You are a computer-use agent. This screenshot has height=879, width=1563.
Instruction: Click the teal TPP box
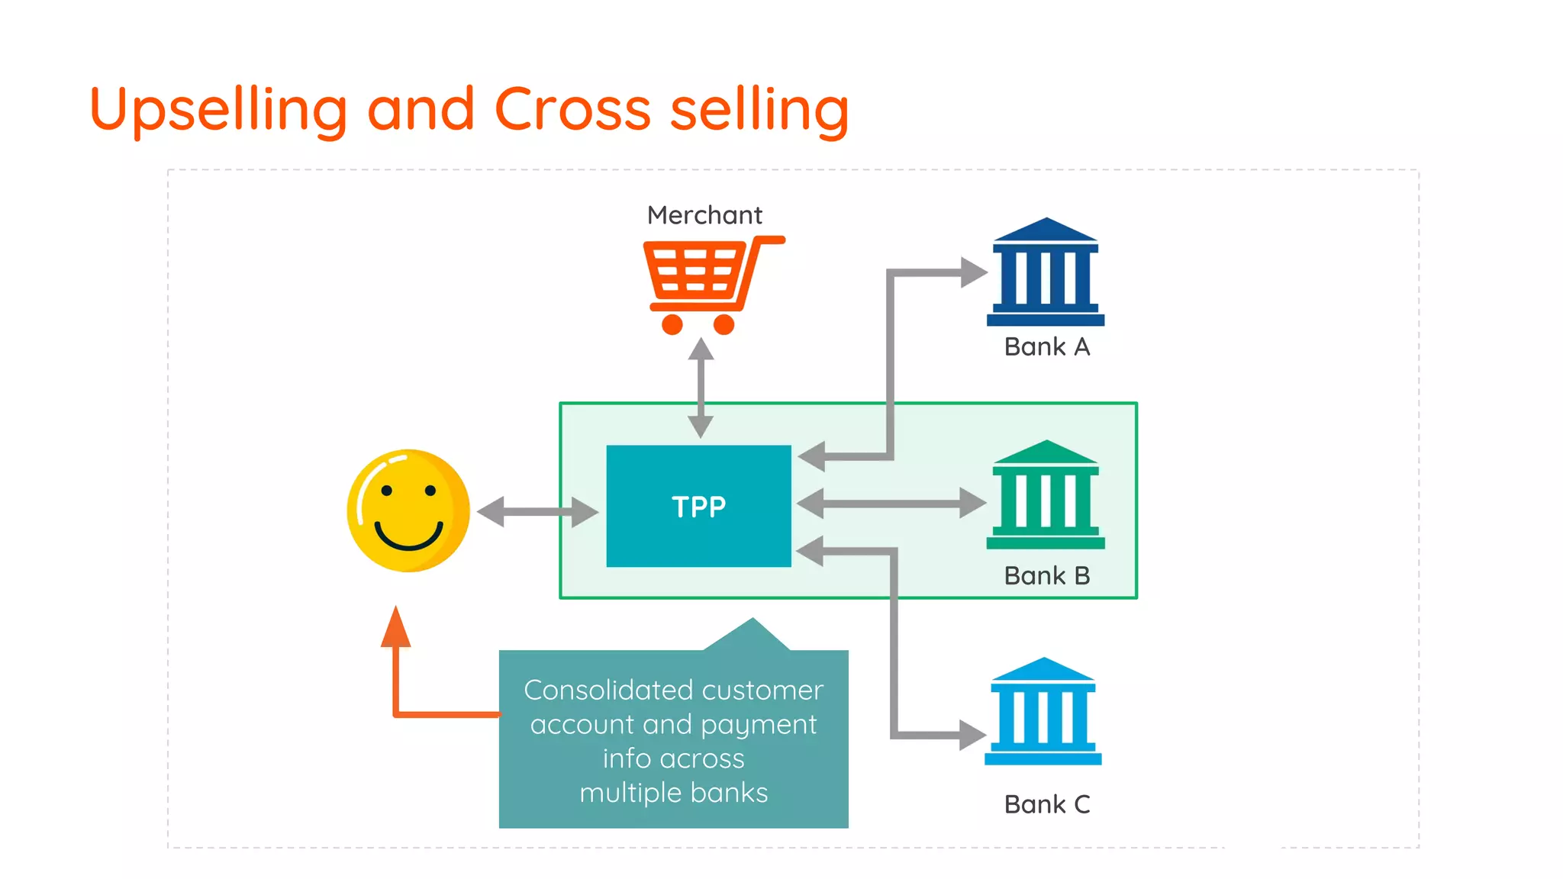tap(698, 506)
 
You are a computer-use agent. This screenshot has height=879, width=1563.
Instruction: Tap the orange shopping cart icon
tap(704, 282)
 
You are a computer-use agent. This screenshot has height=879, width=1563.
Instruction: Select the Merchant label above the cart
tap(704, 215)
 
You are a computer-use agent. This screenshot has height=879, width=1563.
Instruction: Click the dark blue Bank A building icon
tap(1046, 272)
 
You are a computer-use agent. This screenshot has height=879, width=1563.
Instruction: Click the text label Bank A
tap(1046, 347)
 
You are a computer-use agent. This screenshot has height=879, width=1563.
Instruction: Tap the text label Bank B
tap(1046, 575)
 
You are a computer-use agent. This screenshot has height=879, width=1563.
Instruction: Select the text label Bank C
tap(1046, 804)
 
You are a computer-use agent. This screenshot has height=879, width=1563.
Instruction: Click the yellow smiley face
tap(409, 510)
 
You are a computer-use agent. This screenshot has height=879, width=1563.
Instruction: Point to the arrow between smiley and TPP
tap(537, 511)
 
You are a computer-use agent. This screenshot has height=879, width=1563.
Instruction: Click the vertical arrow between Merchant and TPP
tap(701, 388)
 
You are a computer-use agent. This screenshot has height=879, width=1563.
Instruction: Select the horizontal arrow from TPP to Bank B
tap(891, 504)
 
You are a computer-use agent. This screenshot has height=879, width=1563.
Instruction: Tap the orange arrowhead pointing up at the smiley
tap(395, 627)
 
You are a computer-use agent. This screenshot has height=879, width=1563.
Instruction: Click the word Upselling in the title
tap(218, 110)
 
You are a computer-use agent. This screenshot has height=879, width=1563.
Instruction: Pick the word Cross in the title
tap(572, 109)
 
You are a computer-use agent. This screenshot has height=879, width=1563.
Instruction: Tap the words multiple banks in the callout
tap(673, 793)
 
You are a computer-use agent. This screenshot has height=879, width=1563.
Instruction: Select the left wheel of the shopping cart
tap(672, 324)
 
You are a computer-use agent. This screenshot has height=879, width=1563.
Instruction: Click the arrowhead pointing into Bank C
tap(972, 735)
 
